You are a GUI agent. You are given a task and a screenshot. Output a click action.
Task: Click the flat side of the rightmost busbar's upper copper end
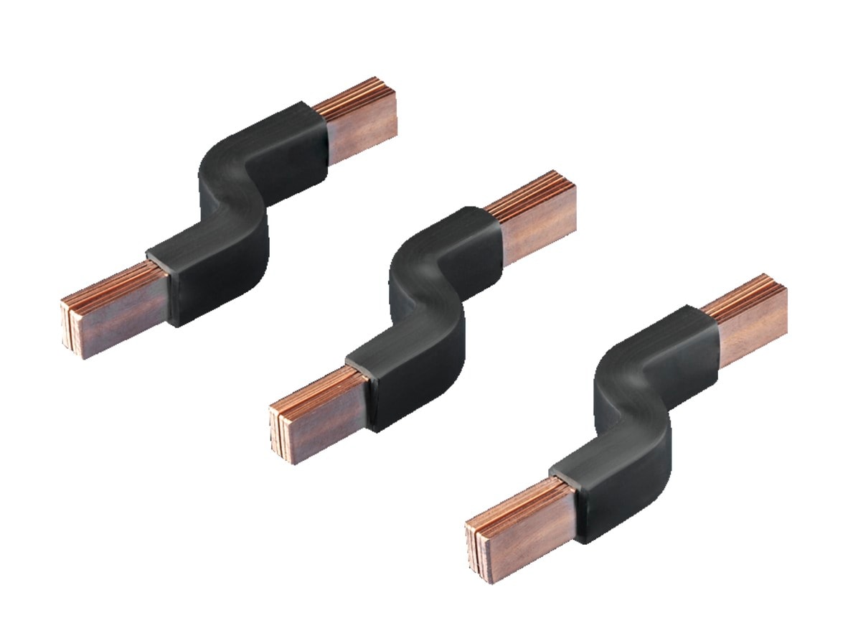click(753, 330)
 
